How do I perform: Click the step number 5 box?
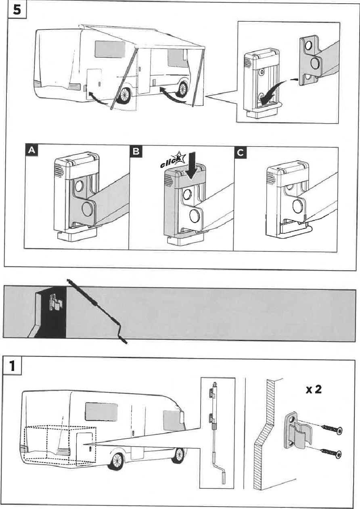pyautogui.click(x=17, y=10)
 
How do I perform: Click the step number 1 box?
pyautogui.click(x=13, y=366)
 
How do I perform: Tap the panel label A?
pyautogui.click(x=31, y=150)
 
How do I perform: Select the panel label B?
pyautogui.click(x=136, y=151)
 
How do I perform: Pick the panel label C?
pyautogui.click(x=240, y=152)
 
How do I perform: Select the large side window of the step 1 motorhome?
pyautogui.click(x=101, y=411)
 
